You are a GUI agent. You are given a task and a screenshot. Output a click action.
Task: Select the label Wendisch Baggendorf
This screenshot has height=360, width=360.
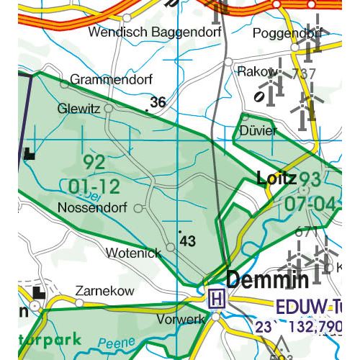pos(142,33)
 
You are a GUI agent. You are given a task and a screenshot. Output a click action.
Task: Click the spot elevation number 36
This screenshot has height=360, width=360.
pos(158,103)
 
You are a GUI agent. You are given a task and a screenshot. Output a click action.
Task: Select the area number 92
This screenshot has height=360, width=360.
pos(94,161)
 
